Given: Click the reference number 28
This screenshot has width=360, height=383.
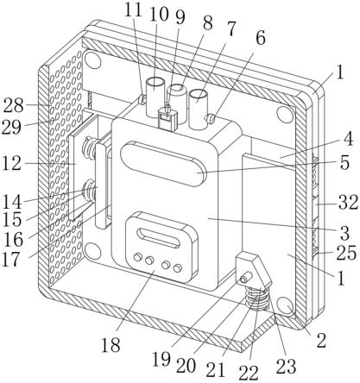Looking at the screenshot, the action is point(13,105).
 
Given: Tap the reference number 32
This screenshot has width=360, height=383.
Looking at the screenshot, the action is point(348,202).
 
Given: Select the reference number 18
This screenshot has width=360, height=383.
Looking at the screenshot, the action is point(111,345).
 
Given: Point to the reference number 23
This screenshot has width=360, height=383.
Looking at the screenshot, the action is point(287,367).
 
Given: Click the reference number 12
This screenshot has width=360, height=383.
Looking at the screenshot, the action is point(11,164).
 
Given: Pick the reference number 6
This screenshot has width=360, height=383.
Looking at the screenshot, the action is point(261,39).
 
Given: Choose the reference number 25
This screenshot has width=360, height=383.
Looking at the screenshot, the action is point(346,253).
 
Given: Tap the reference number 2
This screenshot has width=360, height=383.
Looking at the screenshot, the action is point(321,341).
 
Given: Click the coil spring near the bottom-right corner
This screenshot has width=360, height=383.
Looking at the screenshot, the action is point(257,299).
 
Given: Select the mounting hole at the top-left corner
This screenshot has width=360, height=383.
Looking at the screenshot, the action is point(92,60).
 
